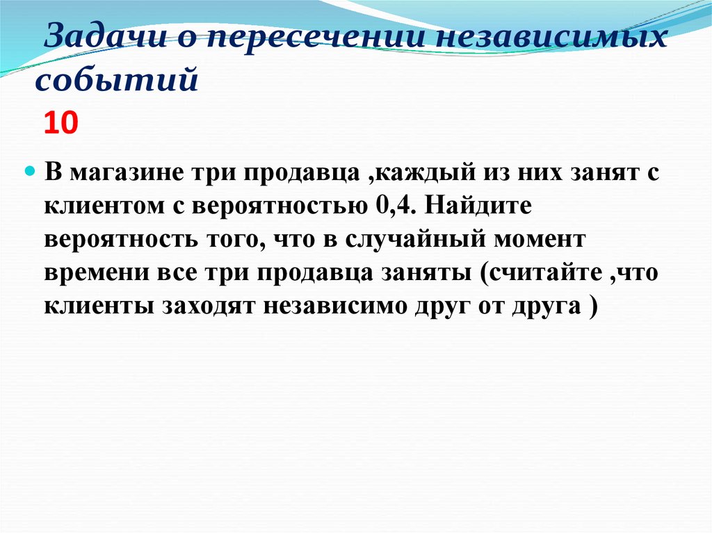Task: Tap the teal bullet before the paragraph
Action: (x=29, y=172)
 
